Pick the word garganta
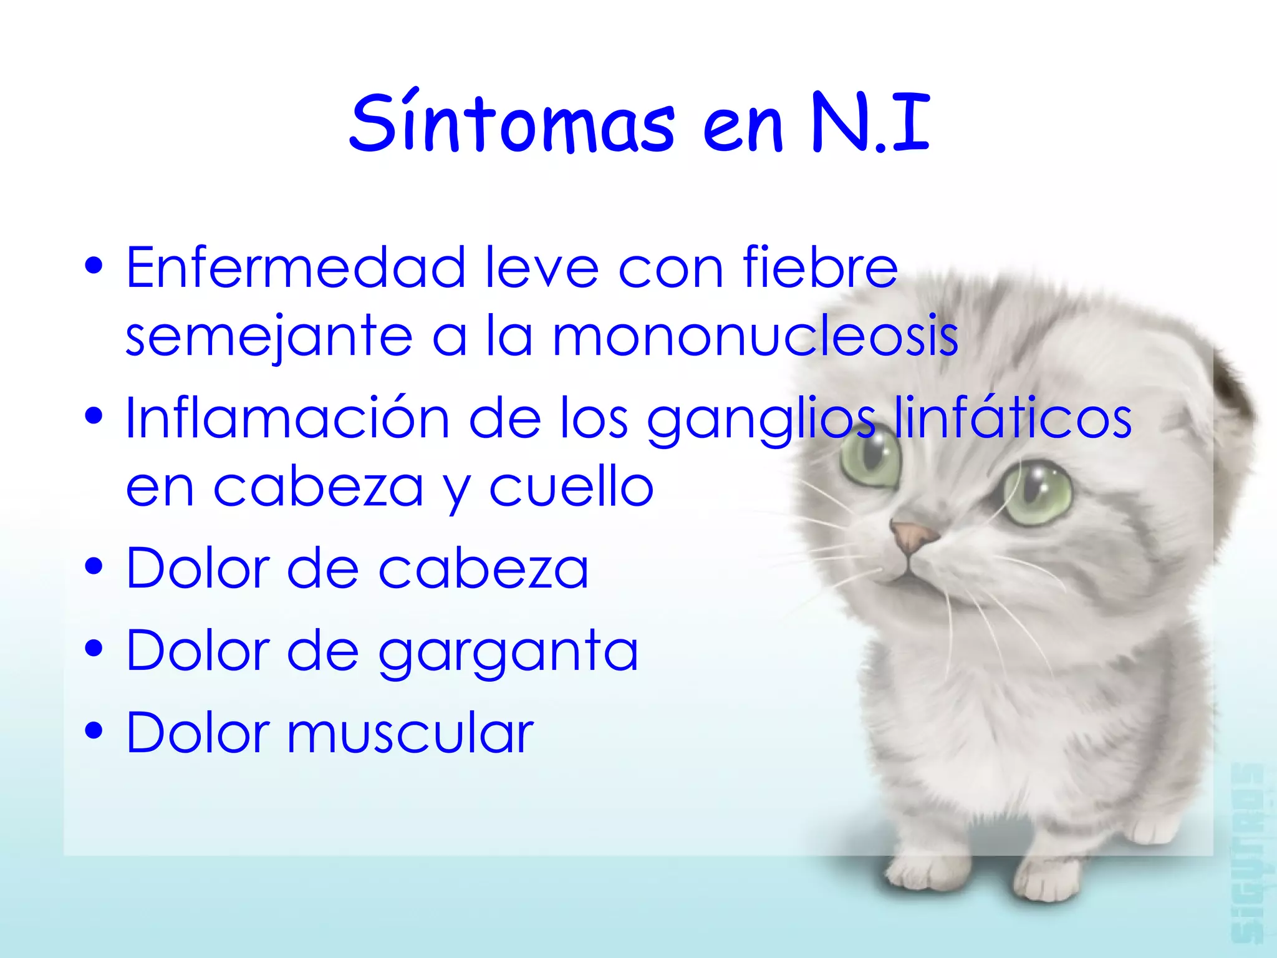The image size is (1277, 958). (508, 652)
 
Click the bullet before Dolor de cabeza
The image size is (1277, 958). (94, 568)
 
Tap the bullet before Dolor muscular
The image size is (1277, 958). (94, 730)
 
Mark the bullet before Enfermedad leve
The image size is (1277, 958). (94, 266)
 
